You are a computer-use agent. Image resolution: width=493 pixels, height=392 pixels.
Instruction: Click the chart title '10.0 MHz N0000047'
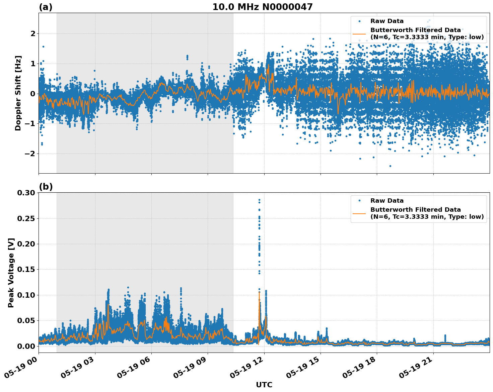[x=262, y=7]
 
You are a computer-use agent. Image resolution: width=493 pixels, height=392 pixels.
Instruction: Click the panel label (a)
[x=46, y=7]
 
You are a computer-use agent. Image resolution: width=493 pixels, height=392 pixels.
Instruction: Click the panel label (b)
[x=46, y=187]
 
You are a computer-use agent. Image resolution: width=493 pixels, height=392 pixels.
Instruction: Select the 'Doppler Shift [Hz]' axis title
[x=18, y=93]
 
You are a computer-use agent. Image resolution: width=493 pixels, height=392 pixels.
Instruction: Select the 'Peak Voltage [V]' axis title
[x=11, y=273]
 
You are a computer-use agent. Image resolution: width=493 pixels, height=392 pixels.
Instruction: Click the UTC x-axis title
[x=264, y=385]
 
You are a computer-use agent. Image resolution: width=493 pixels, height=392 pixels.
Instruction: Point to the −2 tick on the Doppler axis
[x=30, y=154]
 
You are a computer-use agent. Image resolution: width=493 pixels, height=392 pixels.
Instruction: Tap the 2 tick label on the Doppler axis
[x=33, y=33]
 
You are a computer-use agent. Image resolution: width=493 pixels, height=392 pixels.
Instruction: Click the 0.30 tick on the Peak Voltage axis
[x=26, y=193]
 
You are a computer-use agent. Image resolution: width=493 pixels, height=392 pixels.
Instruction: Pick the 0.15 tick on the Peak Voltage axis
[x=26, y=269]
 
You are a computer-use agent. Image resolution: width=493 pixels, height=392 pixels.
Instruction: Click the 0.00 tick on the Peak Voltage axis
[x=26, y=346]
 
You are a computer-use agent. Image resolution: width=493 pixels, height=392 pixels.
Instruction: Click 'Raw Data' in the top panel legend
[x=387, y=21]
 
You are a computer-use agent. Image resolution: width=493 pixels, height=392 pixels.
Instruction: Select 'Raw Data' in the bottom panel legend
[x=387, y=201]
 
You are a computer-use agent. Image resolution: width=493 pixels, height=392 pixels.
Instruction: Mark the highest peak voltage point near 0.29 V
[x=259, y=200]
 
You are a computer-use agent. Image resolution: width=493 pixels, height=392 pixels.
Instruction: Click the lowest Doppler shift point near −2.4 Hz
[x=390, y=166]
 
